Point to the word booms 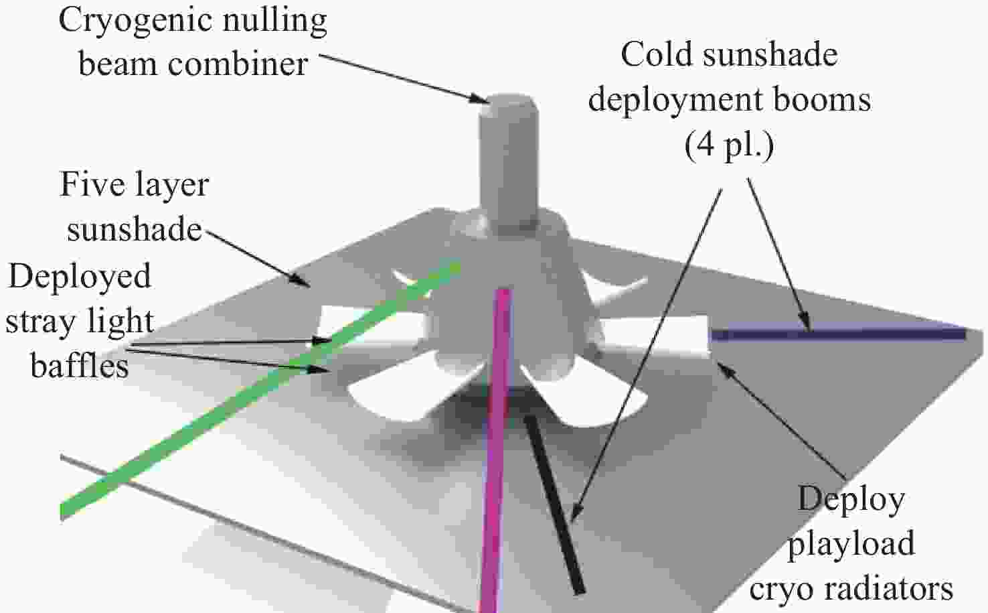pos(821,100)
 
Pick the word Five pos(91,184)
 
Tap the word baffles pos(80,366)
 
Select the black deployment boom pos(555,504)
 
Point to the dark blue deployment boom pos(838,334)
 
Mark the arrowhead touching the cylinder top pos(478,98)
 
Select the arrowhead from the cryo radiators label pos(724,367)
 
